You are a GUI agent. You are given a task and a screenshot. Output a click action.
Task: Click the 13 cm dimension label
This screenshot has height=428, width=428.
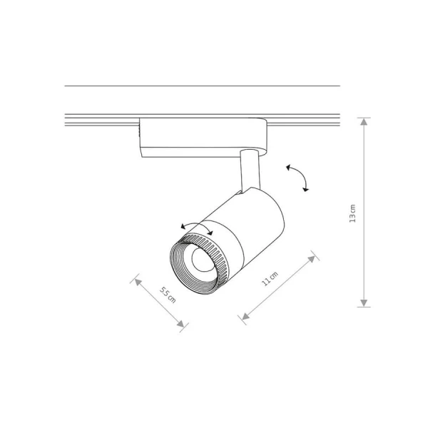pos(352,213)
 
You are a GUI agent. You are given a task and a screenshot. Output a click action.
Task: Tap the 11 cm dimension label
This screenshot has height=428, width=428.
pos(270,278)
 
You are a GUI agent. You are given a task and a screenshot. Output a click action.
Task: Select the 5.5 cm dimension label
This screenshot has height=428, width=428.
pos(168,295)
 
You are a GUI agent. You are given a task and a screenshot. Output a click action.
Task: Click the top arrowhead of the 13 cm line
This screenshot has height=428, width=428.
pos(364,121)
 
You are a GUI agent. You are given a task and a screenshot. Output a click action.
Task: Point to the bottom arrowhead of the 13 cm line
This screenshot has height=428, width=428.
pos(364,303)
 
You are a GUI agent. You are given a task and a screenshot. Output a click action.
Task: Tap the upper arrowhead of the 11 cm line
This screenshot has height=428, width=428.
pos(312,259)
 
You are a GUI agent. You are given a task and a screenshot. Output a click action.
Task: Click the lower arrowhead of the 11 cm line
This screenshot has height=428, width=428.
pos(245,316)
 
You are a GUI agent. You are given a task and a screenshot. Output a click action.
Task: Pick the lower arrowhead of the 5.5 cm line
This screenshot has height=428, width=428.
pos(180,323)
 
